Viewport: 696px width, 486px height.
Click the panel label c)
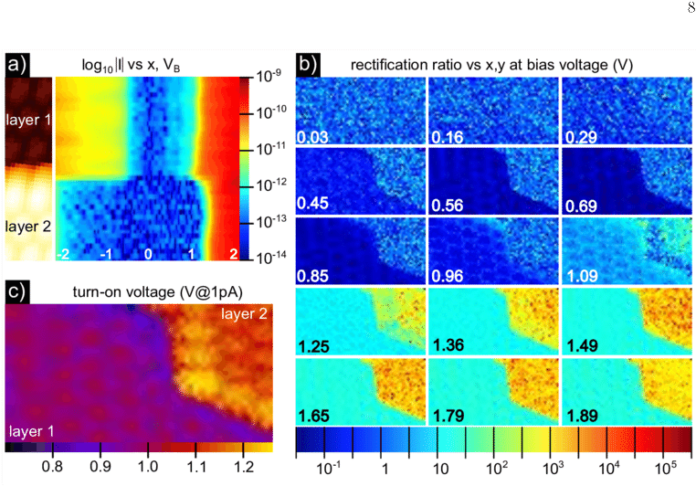[x=17, y=291]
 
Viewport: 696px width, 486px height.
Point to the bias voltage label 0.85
[x=316, y=271]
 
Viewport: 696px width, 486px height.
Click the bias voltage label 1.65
[x=316, y=413]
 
